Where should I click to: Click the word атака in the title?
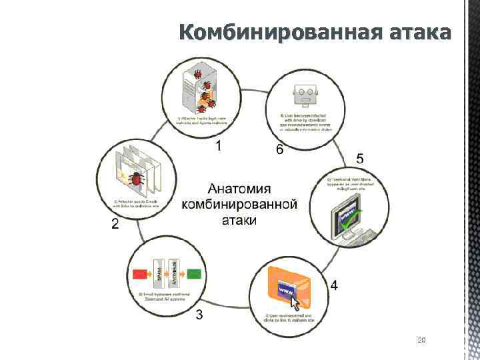click(418, 31)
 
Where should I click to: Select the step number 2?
click(115, 225)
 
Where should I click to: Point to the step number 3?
click(199, 315)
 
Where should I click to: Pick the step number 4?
click(334, 285)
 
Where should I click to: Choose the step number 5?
click(360, 159)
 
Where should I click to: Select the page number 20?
click(421, 341)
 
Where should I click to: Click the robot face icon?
click(306, 93)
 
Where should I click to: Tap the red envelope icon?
click(141, 274)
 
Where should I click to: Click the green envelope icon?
click(195, 274)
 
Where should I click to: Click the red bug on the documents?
click(137, 179)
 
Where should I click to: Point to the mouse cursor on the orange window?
click(295, 302)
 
